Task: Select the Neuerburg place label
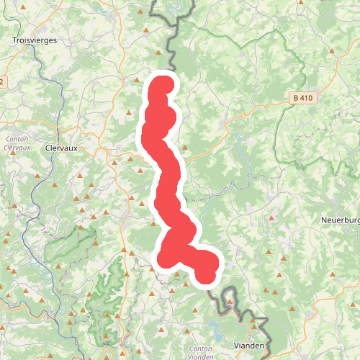(340, 219)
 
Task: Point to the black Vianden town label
(249, 346)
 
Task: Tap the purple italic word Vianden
(199, 338)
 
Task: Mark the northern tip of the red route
(163, 82)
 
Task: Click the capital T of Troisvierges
(15, 41)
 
